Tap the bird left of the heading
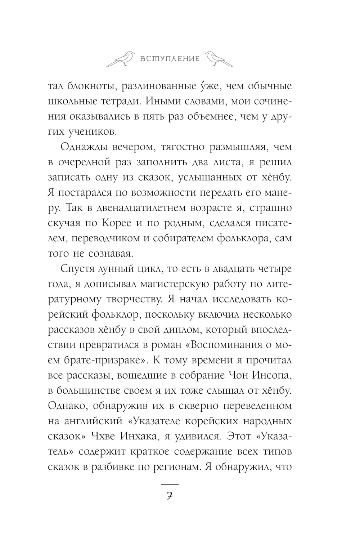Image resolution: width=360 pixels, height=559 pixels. pos(122,58)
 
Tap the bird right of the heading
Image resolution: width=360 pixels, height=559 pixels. pos(218,58)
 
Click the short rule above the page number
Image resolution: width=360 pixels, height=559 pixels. pos(170,484)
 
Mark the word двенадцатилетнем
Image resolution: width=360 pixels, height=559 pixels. pos(119,208)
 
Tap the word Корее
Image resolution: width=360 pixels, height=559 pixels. pos(131,223)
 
